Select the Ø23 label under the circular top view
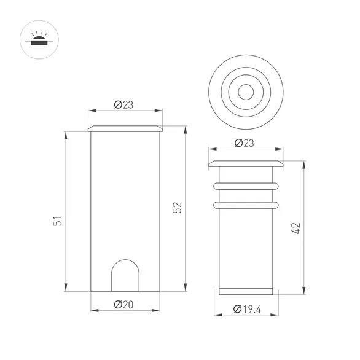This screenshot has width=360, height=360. [245, 143]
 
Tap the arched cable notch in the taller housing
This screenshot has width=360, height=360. [125, 275]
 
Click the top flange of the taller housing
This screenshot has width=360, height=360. [126, 128]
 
